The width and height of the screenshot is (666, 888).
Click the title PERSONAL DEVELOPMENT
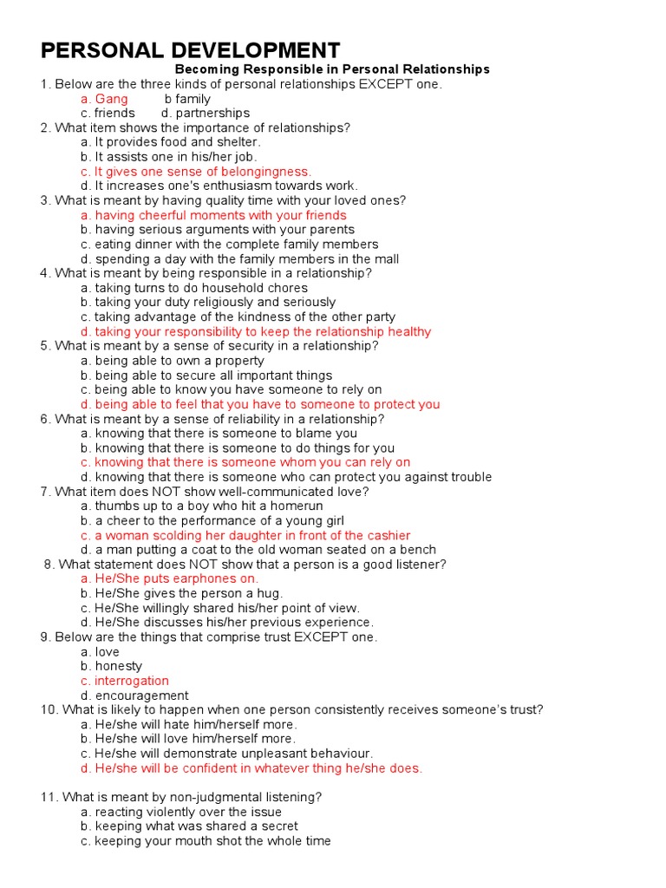click(191, 49)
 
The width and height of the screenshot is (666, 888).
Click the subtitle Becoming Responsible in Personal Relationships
click(332, 69)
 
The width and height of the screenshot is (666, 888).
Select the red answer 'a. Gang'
click(104, 99)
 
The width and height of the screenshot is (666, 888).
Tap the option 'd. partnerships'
click(206, 114)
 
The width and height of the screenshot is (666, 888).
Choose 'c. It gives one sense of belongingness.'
click(195, 172)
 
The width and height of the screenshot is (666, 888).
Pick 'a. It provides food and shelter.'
click(170, 142)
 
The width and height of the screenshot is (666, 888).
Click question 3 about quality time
click(223, 200)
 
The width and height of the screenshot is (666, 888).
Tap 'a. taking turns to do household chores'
click(194, 288)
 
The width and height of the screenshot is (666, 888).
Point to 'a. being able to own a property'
click(173, 361)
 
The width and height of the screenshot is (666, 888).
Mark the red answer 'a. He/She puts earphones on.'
click(169, 579)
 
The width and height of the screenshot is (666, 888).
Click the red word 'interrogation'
click(132, 682)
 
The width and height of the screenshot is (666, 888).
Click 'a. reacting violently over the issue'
click(181, 813)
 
